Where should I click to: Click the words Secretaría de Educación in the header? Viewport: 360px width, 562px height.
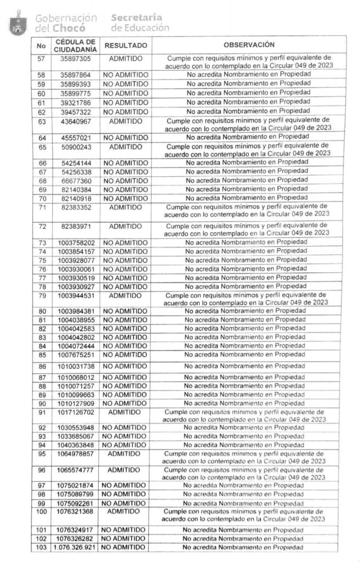(140, 23)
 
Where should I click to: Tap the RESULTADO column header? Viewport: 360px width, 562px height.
(126, 46)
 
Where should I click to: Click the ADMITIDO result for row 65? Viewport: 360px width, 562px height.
(126, 147)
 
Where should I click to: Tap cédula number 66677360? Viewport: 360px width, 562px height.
(76, 181)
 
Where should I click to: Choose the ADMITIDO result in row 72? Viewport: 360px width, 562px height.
(126, 226)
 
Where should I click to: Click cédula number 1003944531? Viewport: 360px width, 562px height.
(76, 296)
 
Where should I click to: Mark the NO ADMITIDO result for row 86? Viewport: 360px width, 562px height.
(125, 366)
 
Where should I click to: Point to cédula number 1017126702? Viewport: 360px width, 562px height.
(76, 412)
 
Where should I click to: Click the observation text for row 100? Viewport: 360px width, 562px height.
(244, 515)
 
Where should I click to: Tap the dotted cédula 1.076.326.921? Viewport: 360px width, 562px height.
(75, 548)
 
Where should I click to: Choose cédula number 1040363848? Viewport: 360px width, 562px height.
(76, 445)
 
